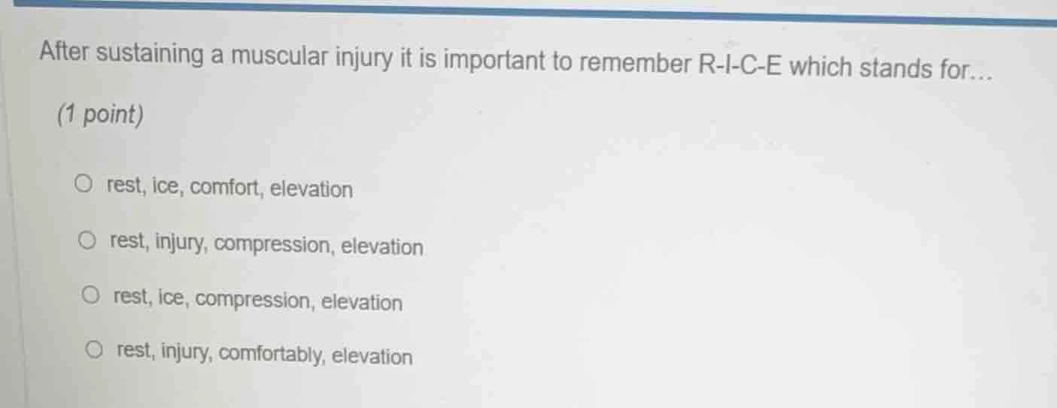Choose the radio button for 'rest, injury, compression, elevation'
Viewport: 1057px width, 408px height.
[89, 240]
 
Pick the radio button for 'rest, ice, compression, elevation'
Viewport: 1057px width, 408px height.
[92, 295]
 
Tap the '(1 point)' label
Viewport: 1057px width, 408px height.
[101, 115]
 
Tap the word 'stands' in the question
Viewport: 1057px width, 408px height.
[895, 69]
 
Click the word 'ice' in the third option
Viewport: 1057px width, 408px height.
[172, 298]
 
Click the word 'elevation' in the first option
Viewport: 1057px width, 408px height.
[311, 189]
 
